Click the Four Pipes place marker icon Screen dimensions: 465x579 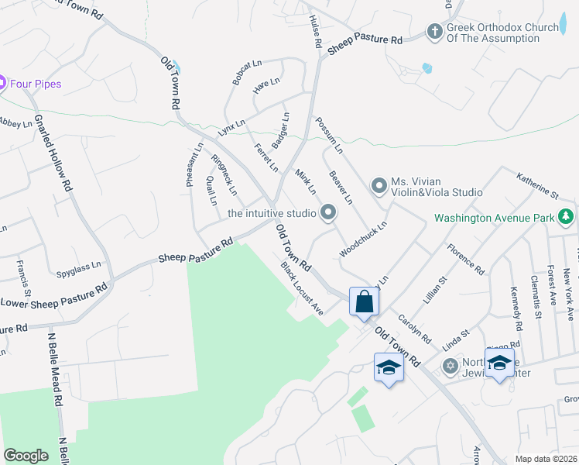[x=2, y=83]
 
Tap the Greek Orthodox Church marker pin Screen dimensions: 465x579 [x=435, y=33]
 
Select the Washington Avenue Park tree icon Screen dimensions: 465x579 [x=567, y=218]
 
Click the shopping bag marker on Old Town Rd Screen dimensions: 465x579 [x=365, y=301]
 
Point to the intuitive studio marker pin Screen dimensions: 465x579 [x=328, y=212]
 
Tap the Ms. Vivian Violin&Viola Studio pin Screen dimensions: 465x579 [x=379, y=185]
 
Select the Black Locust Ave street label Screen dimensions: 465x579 [x=302, y=288]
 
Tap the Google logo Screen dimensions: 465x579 [x=26, y=455]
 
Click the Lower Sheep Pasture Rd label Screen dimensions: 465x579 [x=54, y=295]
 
